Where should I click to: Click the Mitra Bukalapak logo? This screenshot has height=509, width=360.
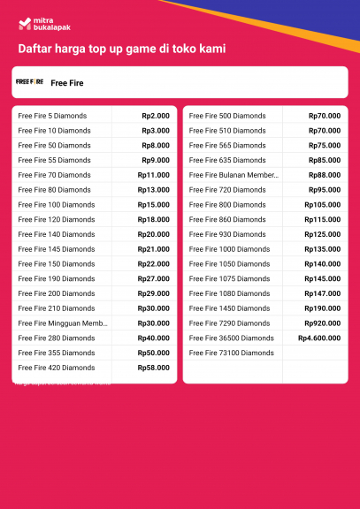click(x=36, y=23)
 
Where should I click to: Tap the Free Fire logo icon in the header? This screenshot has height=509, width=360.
click(x=29, y=81)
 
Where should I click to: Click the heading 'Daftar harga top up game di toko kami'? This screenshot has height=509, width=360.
click(x=121, y=49)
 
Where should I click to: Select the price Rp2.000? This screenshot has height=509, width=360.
click(x=156, y=116)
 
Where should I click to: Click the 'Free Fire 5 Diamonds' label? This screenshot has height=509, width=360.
click(x=52, y=116)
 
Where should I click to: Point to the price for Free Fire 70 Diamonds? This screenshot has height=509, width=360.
click(x=154, y=175)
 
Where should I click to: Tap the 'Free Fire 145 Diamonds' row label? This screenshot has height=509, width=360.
click(x=57, y=249)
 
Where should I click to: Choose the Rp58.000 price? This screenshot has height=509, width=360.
click(x=154, y=368)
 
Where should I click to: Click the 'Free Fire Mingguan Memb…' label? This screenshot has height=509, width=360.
click(x=63, y=323)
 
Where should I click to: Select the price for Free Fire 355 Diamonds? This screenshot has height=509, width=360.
click(x=154, y=353)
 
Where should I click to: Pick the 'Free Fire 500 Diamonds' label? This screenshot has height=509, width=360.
click(x=227, y=116)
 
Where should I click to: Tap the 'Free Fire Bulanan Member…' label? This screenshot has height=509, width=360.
click(x=234, y=175)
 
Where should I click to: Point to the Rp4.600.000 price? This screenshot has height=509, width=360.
click(x=319, y=338)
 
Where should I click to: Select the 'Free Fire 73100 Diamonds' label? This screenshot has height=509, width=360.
click(x=232, y=353)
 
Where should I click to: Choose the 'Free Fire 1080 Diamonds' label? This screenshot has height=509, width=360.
click(x=229, y=293)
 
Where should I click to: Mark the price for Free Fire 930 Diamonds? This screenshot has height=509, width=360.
click(x=323, y=234)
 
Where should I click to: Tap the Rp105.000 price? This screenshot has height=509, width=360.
click(x=323, y=205)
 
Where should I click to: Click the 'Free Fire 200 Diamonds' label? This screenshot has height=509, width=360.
click(x=57, y=293)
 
